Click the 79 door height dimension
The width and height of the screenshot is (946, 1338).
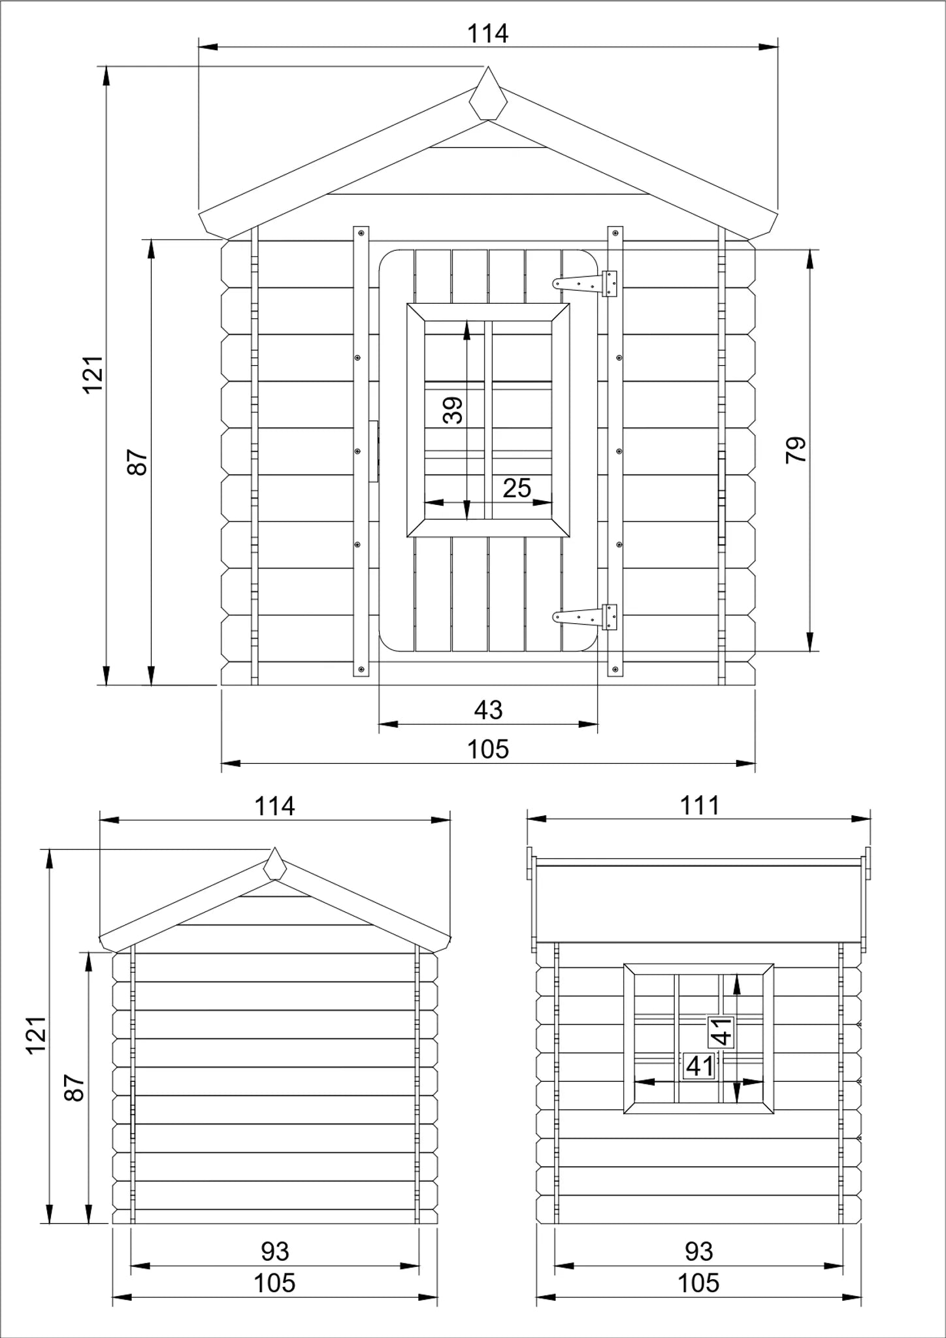796,450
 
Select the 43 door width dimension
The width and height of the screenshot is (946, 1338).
488,710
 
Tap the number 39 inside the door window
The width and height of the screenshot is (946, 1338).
453,410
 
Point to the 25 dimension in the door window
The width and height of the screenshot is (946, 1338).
517,488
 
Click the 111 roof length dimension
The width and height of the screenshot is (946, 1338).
700,806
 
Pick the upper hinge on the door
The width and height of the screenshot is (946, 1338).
586,283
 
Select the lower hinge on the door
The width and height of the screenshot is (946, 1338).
586,616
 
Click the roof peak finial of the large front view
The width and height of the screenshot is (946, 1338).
488,95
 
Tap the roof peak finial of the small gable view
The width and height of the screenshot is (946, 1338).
274,865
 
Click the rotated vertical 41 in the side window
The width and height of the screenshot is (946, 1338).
721,1032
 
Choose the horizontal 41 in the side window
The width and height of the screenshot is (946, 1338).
700,1066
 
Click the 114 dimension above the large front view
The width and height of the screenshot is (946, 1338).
487,33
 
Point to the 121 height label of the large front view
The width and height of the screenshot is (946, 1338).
94,374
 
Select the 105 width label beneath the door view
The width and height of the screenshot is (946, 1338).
488,749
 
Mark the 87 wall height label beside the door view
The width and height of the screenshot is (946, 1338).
138,462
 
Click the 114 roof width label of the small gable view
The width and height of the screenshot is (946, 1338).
274,806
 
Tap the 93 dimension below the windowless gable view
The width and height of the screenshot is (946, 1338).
274,1251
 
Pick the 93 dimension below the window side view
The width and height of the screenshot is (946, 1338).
699,1251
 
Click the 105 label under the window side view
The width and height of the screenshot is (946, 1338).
699,1283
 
